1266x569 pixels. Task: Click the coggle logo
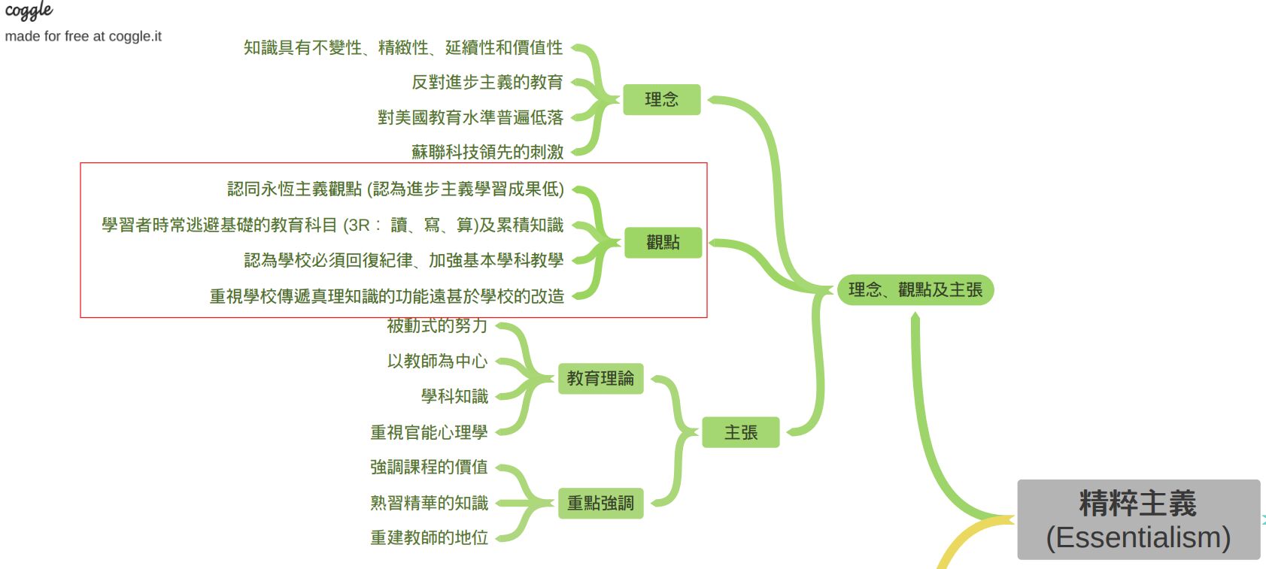pyautogui.click(x=29, y=11)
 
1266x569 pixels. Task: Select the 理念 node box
pyautogui.click(x=661, y=99)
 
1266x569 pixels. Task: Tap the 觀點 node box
pyautogui.click(x=663, y=242)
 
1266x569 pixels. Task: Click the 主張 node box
pyautogui.click(x=740, y=432)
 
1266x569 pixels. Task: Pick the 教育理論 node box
pyautogui.click(x=600, y=378)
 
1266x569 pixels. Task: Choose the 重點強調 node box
pyautogui.click(x=600, y=503)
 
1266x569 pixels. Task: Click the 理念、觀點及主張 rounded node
pyautogui.click(x=915, y=289)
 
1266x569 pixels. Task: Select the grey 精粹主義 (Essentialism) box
pyautogui.click(x=1138, y=519)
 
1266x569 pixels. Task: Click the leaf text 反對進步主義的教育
pyautogui.click(x=487, y=82)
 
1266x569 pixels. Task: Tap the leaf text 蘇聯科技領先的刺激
pyautogui.click(x=487, y=152)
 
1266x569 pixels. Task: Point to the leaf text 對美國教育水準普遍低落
pyautogui.click(x=470, y=117)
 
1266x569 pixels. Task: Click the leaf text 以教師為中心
pyautogui.click(x=437, y=361)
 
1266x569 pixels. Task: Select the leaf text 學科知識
pyautogui.click(x=454, y=396)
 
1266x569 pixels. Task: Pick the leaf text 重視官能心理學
pyautogui.click(x=429, y=432)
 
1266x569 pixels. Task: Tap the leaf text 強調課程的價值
pyautogui.click(x=429, y=467)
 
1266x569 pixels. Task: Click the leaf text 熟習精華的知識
pyautogui.click(x=429, y=503)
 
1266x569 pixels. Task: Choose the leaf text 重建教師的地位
pyautogui.click(x=429, y=537)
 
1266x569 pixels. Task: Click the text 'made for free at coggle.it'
pyautogui.click(x=83, y=36)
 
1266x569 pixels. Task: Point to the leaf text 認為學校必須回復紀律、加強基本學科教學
pyautogui.click(x=403, y=260)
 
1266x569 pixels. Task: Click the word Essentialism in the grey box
pyautogui.click(x=1138, y=538)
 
